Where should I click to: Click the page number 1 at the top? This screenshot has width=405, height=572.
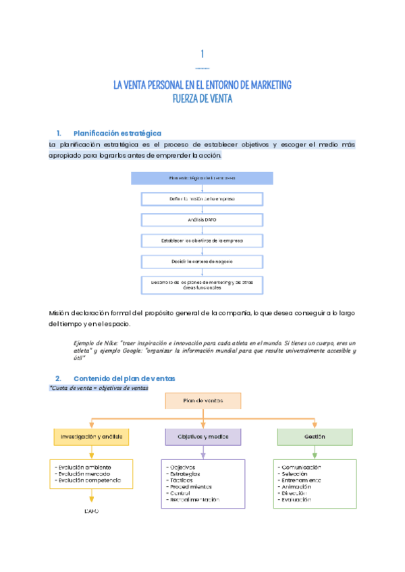coord(202,54)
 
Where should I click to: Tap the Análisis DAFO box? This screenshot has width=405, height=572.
coord(202,219)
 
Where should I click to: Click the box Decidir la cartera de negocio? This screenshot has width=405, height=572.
coord(202,260)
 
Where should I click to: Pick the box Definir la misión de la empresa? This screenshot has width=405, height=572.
coord(202,199)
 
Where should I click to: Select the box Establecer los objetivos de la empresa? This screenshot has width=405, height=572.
coord(202,240)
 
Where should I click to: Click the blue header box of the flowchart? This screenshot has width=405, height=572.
coord(202,178)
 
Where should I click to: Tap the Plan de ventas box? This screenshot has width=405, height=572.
coord(202,401)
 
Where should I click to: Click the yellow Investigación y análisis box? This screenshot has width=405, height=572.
coord(91,437)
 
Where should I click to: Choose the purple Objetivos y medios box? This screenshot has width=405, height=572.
coord(202,437)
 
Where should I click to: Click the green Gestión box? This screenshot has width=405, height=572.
coord(315,437)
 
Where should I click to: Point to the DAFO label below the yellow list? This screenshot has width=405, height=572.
coord(91,511)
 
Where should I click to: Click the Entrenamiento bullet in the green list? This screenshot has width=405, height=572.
coord(302,480)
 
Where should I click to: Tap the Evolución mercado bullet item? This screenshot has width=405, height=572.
coord(84,473)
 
